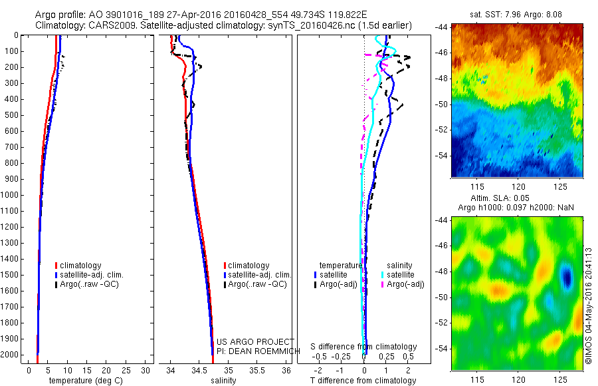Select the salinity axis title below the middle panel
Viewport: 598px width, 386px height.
223,381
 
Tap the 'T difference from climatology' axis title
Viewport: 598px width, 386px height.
363,381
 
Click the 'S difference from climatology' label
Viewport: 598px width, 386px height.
364,347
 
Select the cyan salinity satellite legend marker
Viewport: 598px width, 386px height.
383,274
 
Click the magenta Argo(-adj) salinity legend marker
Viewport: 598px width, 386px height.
383,284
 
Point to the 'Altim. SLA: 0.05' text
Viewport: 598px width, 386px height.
517,199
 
